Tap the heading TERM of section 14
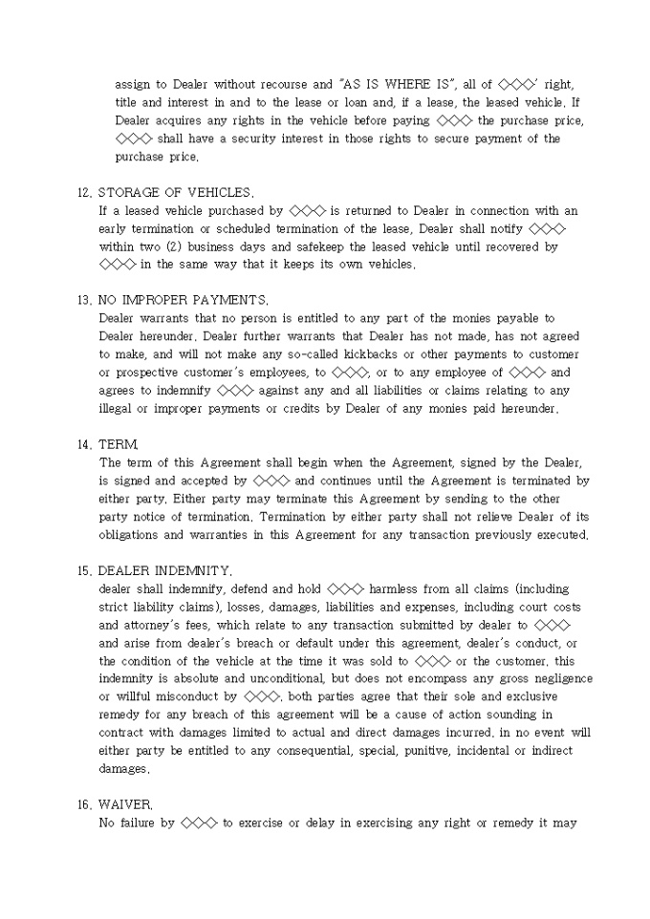coord(119,445)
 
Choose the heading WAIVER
coord(125,804)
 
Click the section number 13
coord(84,300)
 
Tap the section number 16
coord(84,804)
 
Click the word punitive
coord(406,751)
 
